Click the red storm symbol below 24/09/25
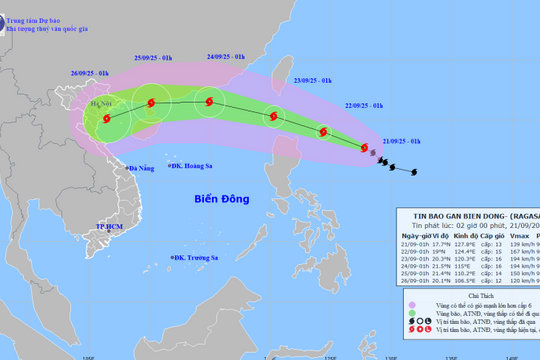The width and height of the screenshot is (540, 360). tap(209, 99)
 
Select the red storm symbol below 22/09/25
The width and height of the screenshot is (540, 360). tap(323, 131)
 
